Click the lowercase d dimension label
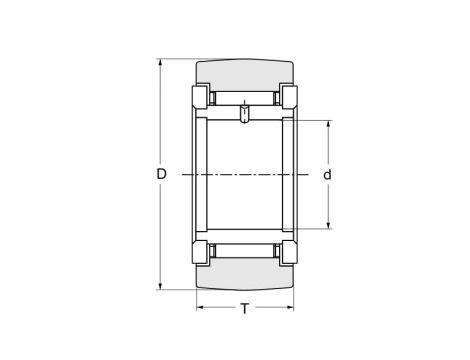coord(327,175)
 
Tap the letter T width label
coord(245,309)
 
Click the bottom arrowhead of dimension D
coord(161,286)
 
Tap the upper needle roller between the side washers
coord(245,98)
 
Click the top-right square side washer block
coord(289,98)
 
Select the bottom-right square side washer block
coord(289,252)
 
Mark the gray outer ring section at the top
coord(245,76)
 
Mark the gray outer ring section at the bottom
coord(245,275)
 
